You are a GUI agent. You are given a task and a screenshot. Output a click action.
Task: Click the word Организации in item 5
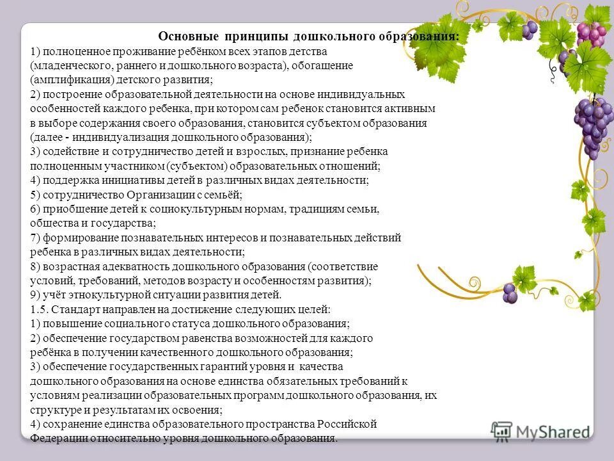pyautogui.click(x=159, y=195)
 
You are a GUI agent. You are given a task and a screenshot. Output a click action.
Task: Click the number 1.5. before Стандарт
pyautogui.click(x=38, y=309)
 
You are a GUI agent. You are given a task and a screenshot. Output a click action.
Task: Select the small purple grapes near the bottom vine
pyautogui.click(x=509, y=293)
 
